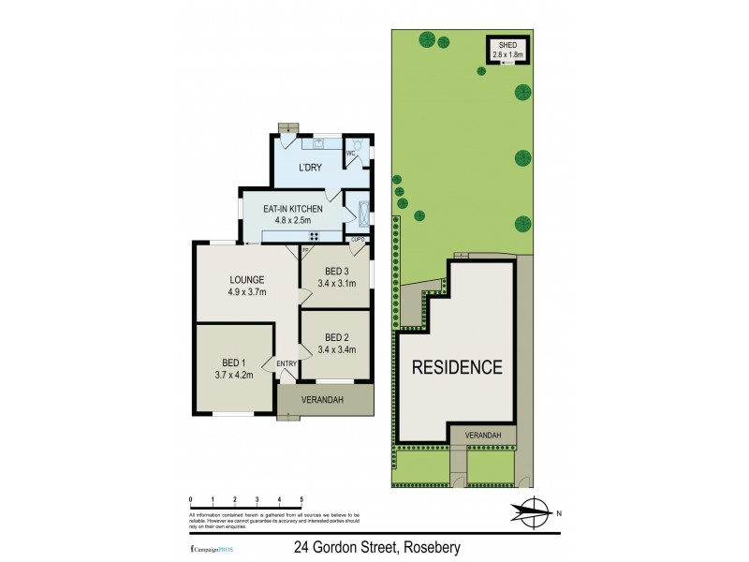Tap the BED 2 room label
337,337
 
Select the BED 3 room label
337,271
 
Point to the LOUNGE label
247,279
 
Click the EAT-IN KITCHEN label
293,209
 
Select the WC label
351,152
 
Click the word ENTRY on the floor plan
286,364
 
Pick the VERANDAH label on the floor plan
323,400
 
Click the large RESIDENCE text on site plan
458,367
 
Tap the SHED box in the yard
507,50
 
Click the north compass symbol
531,511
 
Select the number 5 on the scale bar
301,499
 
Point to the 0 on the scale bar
190,499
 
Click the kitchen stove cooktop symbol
315,235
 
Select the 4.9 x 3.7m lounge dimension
247,291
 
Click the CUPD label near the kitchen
357,240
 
